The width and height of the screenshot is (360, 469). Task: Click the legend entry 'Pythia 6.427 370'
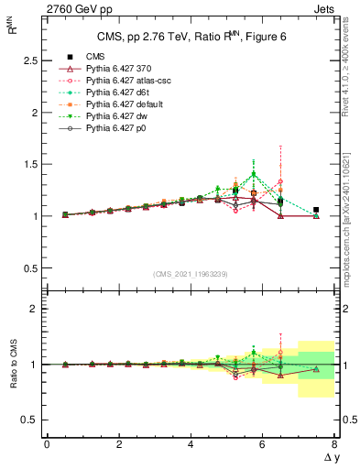124,69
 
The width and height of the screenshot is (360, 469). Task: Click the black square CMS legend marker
66,57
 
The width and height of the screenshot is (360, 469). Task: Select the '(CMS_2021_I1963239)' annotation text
191,273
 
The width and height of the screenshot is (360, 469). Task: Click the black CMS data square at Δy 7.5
316,210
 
